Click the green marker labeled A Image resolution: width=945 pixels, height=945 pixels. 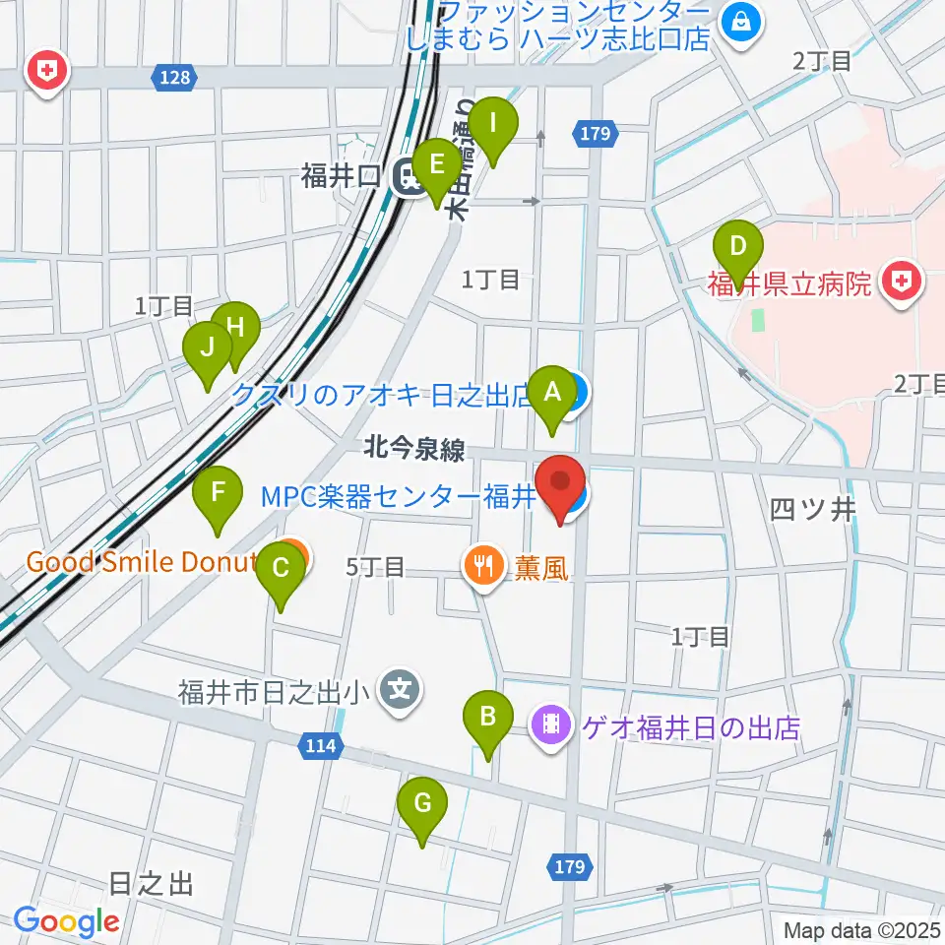(552, 393)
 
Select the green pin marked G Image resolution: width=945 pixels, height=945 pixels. (422, 803)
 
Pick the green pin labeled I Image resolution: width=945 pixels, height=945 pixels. (493, 125)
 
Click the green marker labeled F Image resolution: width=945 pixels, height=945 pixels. (219, 491)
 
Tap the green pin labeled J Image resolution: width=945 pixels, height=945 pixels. (208, 347)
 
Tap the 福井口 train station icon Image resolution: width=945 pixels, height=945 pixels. (405, 177)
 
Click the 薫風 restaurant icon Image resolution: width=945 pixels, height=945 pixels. (481, 565)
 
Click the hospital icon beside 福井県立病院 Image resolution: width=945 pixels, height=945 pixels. (900, 283)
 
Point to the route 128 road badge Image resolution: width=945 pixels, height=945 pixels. (170, 76)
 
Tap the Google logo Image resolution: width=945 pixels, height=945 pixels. (66, 921)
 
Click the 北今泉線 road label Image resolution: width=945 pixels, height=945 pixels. (413, 450)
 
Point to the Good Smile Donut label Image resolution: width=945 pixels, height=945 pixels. (141, 562)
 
